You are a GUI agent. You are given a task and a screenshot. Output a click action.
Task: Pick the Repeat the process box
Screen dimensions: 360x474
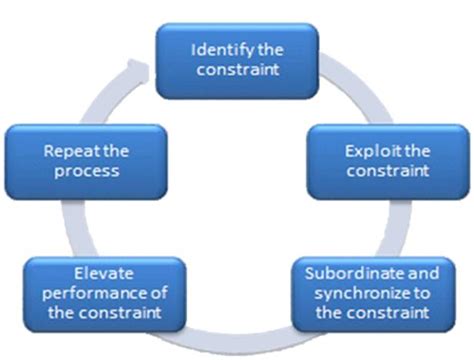(x=82, y=160)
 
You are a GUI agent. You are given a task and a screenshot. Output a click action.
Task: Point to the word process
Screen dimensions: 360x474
(x=82, y=170)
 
